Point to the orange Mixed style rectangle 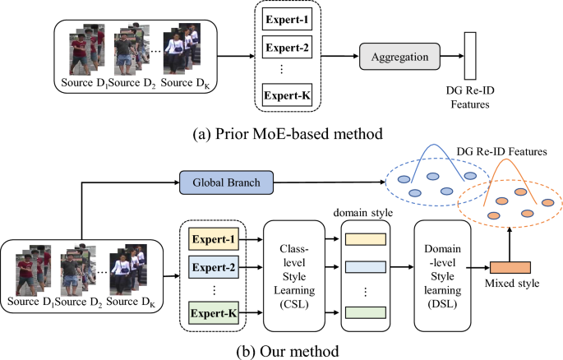[510, 268]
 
